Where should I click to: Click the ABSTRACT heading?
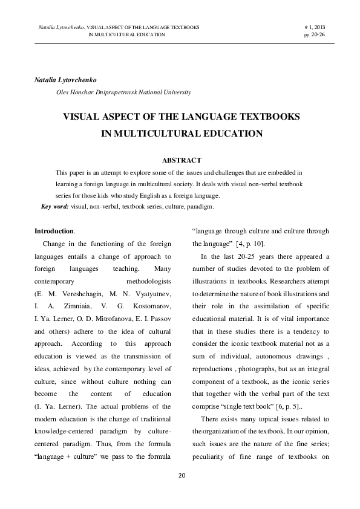(x=182, y=160)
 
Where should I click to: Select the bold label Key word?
(x=54, y=206)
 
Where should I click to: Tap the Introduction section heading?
(x=54, y=231)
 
